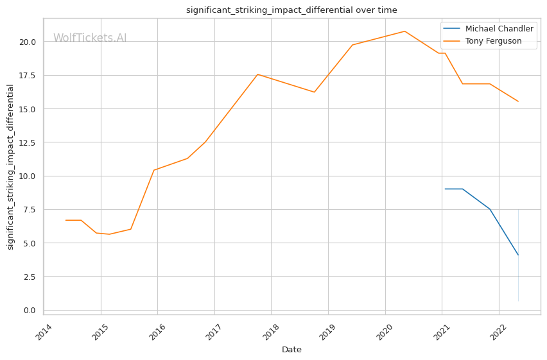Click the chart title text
(291, 10)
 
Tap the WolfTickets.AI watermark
(90, 39)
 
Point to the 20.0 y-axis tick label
(28, 42)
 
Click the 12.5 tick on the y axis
(28, 142)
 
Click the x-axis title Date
(291, 350)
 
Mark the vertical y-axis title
(10, 167)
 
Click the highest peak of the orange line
(404, 31)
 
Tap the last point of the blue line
(518, 255)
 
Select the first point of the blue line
(445, 189)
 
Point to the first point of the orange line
(66, 220)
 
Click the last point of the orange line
(518, 101)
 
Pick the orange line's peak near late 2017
(257, 74)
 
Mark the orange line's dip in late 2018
(314, 92)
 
